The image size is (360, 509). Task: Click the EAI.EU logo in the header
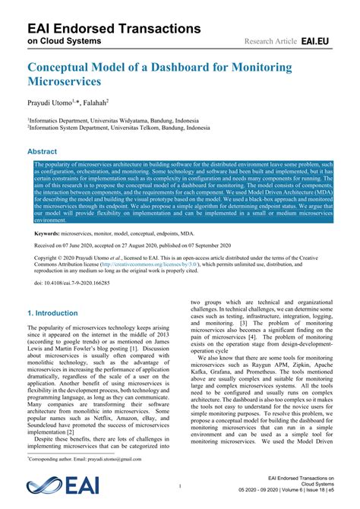(x=317, y=40)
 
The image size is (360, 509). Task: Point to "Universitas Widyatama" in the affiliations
(x=129, y=120)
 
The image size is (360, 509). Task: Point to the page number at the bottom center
(x=180, y=484)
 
